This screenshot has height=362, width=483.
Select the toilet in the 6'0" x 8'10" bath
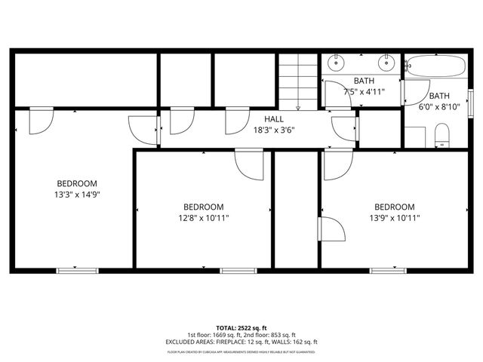coord(442,136)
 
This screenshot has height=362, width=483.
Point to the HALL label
coord(274,119)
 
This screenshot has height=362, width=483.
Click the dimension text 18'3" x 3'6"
coord(274,130)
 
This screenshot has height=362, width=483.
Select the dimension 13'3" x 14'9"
coord(78,194)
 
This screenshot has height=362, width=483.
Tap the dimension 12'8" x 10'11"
coord(204,218)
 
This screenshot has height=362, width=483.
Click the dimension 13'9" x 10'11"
coord(394,218)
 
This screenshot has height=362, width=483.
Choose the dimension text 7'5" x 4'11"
coord(365,91)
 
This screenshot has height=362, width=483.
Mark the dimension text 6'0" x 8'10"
coord(439,106)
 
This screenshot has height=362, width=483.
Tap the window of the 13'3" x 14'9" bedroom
coord(78,270)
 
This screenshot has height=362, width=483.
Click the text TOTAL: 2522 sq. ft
coord(241,328)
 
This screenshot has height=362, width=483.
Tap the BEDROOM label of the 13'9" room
coord(394,207)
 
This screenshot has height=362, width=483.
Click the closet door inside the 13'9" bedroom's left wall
coord(331,229)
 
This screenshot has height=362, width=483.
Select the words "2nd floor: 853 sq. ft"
coord(268,335)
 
